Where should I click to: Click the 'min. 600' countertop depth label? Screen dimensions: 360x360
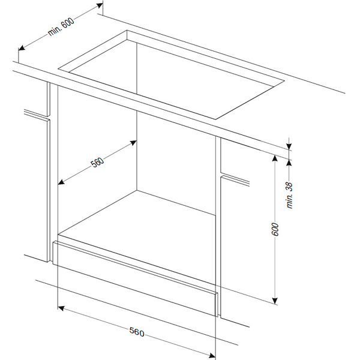point(61,26)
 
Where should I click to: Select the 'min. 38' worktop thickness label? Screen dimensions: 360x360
point(290,195)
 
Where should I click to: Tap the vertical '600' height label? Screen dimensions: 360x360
point(275,229)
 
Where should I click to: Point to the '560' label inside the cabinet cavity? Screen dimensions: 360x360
point(98,162)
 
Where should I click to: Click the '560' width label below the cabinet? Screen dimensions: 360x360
point(137,332)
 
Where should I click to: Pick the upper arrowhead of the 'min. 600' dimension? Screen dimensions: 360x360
point(100,5)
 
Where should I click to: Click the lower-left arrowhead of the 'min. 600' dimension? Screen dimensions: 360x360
point(22,48)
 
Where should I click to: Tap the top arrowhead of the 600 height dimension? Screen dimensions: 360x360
point(275,158)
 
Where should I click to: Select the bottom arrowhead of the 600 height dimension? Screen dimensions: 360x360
point(275,301)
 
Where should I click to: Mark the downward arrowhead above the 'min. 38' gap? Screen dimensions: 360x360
point(289,146)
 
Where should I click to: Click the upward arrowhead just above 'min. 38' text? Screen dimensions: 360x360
point(289,163)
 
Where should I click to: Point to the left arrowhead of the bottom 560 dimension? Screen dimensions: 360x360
point(61,308)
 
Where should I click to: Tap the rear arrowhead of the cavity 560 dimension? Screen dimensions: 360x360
point(133,143)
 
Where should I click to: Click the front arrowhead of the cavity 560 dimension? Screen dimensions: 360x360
point(61,182)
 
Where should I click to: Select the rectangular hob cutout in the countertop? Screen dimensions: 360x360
point(171,74)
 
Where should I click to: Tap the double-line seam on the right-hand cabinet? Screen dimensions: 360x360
point(235,180)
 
